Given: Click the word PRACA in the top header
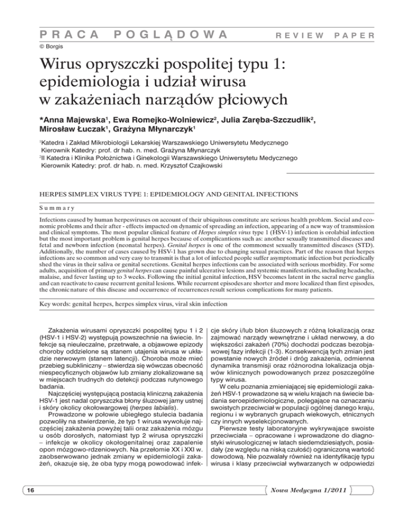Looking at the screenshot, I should [62, 35].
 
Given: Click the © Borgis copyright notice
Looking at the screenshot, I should [43, 47].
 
